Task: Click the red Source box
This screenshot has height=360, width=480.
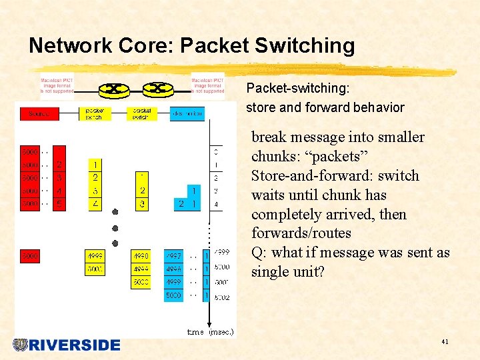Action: (39, 114)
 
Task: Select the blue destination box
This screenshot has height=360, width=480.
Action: (187, 114)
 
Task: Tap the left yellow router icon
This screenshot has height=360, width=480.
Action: (114, 88)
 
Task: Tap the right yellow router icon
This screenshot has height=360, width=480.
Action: (158, 88)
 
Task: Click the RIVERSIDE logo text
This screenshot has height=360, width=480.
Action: (74, 345)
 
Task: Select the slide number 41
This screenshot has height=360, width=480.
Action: (445, 342)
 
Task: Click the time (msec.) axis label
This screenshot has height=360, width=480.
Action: (211, 332)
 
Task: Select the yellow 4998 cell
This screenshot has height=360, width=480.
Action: (141, 256)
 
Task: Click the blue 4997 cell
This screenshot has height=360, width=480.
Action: (173, 256)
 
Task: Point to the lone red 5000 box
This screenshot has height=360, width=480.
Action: (30, 256)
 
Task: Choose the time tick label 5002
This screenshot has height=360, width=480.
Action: (222, 297)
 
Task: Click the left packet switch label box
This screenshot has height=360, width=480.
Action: (95, 114)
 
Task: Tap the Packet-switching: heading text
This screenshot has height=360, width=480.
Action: (298, 88)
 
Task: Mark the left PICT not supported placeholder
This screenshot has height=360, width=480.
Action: (57, 86)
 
